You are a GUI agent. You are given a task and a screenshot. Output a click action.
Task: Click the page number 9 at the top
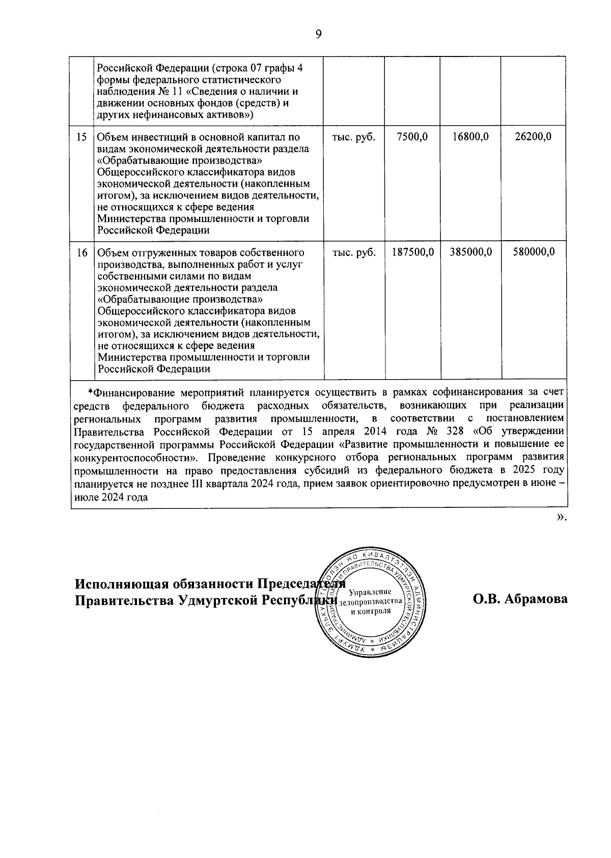pos(319,35)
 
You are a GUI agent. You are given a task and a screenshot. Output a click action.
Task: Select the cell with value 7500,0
pos(412,137)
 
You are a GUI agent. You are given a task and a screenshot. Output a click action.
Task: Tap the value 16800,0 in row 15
pos(470,137)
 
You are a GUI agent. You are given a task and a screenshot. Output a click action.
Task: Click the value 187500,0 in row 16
pos(413,252)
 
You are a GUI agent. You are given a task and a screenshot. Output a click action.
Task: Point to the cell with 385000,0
pos(471,252)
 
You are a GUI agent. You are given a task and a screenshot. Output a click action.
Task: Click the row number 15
pos(81,137)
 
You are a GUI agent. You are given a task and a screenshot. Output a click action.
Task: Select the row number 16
pos(81,252)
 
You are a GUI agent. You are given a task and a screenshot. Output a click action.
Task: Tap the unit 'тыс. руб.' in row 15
pos(354,137)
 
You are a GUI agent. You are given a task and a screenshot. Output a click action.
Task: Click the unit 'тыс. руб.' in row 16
pos(354,252)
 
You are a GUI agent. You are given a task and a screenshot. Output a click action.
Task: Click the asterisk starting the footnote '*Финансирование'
pos(90,392)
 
